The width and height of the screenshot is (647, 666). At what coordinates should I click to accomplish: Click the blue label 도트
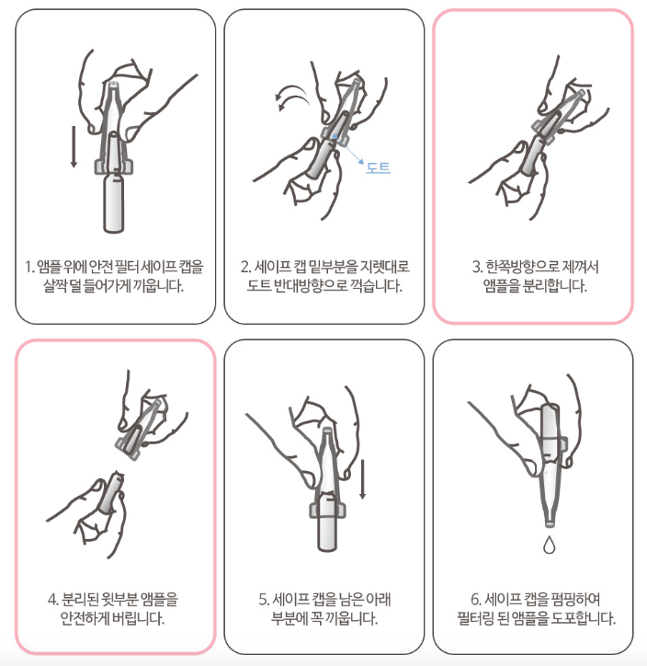[x=378, y=167]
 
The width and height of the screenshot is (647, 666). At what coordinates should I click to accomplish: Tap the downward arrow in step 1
[x=74, y=146]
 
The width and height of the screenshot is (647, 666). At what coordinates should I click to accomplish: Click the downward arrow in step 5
[x=362, y=479]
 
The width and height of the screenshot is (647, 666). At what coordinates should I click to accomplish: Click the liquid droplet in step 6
[x=549, y=545]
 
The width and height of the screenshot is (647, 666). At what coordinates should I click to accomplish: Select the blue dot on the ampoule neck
[x=335, y=136]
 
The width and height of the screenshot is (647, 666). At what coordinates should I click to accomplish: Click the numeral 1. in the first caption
[x=28, y=267]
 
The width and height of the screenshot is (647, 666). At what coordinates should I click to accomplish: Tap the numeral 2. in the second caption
[x=246, y=267]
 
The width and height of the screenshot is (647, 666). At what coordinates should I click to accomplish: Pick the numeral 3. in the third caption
[x=478, y=267]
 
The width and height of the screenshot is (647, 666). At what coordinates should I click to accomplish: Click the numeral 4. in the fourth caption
[x=53, y=600]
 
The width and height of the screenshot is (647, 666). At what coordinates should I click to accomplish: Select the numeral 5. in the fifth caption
[x=264, y=600]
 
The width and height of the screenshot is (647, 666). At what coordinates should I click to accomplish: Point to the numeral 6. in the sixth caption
[x=476, y=600]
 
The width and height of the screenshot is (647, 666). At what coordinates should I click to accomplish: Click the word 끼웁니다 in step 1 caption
[x=158, y=286]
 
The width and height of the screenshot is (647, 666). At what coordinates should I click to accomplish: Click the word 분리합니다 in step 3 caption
[x=554, y=286]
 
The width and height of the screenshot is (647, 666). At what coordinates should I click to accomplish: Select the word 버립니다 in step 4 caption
[x=138, y=618]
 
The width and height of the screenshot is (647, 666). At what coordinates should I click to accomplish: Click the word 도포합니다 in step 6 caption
[x=583, y=618]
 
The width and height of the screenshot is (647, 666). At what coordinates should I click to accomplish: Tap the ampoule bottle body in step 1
[x=114, y=203]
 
